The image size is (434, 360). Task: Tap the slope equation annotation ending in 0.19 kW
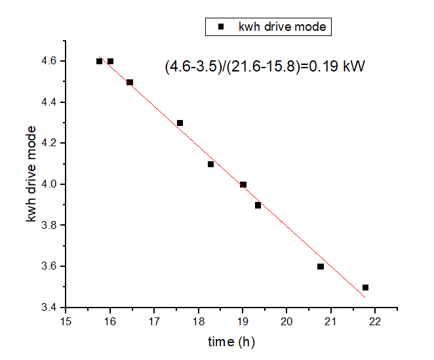click(264, 66)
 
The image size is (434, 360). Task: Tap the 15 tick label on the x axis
click(66, 321)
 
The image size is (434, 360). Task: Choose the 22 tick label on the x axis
click(374, 321)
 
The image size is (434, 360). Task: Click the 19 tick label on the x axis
click(242, 321)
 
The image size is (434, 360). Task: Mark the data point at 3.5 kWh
click(365, 287)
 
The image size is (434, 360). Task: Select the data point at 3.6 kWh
click(321, 266)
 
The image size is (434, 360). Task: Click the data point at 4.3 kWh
click(180, 123)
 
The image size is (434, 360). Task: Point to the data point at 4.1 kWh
click(210, 164)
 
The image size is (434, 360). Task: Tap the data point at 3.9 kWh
click(258, 205)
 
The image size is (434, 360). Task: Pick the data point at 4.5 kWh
click(130, 82)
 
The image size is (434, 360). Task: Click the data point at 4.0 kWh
click(243, 184)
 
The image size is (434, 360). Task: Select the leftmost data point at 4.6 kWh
click(99, 61)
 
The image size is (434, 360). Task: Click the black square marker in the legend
click(221, 27)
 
